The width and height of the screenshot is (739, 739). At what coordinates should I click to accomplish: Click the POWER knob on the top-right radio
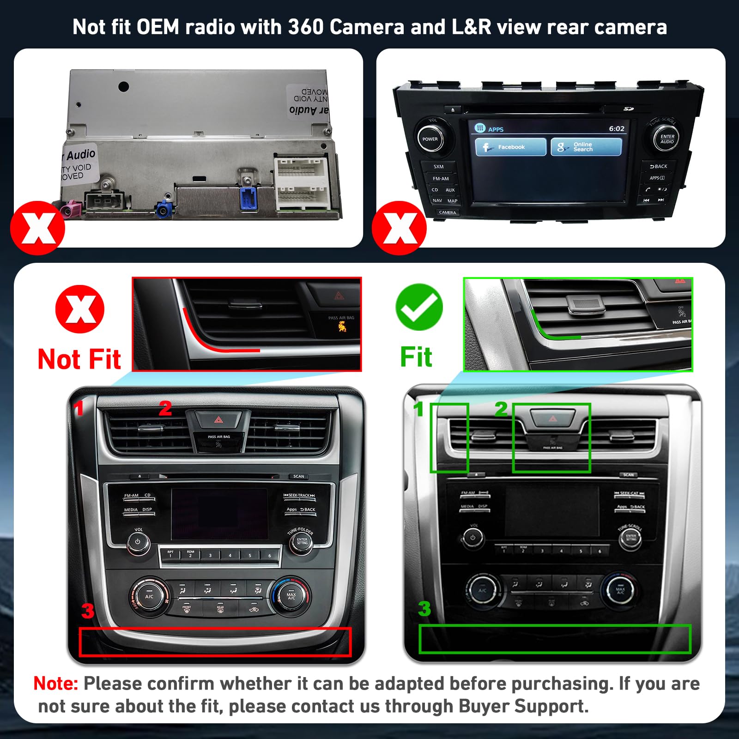click(x=430, y=139)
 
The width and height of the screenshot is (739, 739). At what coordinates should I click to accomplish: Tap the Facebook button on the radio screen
click(x=510, y=147)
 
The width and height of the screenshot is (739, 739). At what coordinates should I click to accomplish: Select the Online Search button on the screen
click(x=586, y=147)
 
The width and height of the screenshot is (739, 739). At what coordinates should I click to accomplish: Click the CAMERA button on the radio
click(x=447, y=212)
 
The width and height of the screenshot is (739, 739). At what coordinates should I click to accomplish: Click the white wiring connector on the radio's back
click(x=301, y=184)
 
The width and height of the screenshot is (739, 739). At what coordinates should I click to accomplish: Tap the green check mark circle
click(x=419, y=307)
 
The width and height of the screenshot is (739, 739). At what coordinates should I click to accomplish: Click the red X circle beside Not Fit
click(x=80, y=309)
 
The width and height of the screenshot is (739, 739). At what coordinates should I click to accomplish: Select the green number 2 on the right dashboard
click(x=501, y=409)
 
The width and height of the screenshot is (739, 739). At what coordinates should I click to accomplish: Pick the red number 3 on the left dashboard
click(x=88, y=611)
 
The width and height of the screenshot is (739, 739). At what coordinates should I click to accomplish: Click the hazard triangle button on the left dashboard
click(x=218, y=420)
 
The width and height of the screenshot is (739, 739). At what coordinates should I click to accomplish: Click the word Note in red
click(x=56, y=684)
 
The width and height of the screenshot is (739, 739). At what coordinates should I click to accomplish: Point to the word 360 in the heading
click(x=306, y=27)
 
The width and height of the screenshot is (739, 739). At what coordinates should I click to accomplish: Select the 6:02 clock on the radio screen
click(x=616, y=129)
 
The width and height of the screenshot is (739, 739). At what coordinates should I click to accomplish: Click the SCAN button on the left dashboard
click(x=298, y=476)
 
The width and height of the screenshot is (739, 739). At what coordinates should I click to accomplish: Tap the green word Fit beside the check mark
click(x=416, y=357)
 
